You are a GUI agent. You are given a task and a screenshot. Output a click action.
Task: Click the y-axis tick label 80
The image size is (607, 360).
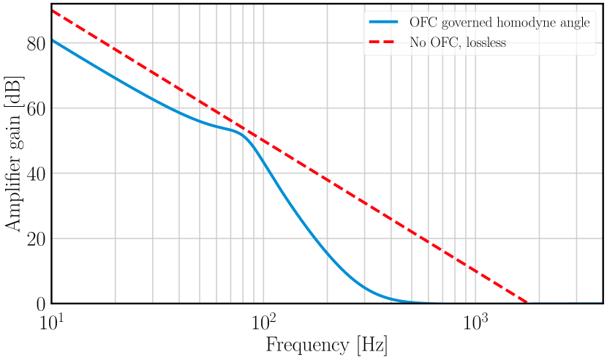tap(36, 44)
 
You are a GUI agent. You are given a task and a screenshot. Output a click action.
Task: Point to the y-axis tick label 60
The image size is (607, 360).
tap(36, 109)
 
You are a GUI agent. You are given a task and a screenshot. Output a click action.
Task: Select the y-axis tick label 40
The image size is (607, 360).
tap(36, 174)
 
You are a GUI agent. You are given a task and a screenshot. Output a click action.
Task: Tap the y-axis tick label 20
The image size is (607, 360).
tap(36, 239)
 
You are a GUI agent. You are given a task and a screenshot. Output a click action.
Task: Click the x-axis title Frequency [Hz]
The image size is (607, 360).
tap(326, 345)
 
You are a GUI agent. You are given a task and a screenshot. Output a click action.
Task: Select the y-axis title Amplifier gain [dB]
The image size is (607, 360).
tap(14, 152)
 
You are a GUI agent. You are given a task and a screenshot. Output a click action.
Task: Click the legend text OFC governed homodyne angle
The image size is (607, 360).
tap(499, 23)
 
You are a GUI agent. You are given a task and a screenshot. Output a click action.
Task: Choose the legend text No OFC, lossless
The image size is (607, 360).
tap(459, 42)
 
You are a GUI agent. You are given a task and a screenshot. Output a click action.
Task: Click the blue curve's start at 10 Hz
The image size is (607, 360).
tap(52, 40)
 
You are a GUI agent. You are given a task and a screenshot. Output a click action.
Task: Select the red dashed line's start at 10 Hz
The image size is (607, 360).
tap(52, 10)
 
